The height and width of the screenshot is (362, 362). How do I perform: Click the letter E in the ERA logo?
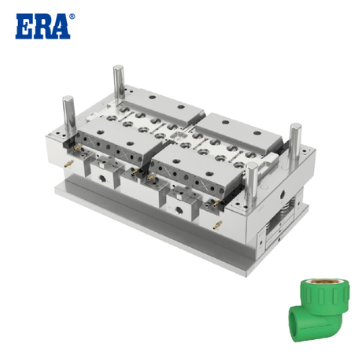click(24, 25)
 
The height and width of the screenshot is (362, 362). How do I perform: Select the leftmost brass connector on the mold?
click(66, 161)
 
